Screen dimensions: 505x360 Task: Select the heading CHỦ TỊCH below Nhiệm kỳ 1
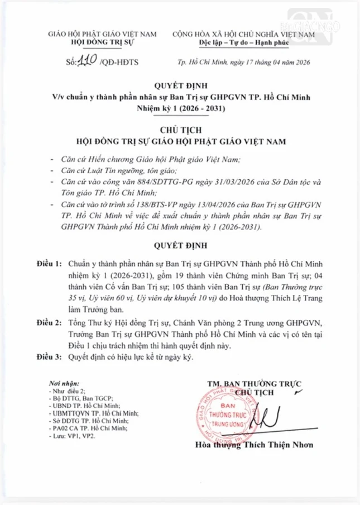point(181,130)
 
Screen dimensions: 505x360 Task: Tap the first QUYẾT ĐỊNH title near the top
point(181,87)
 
